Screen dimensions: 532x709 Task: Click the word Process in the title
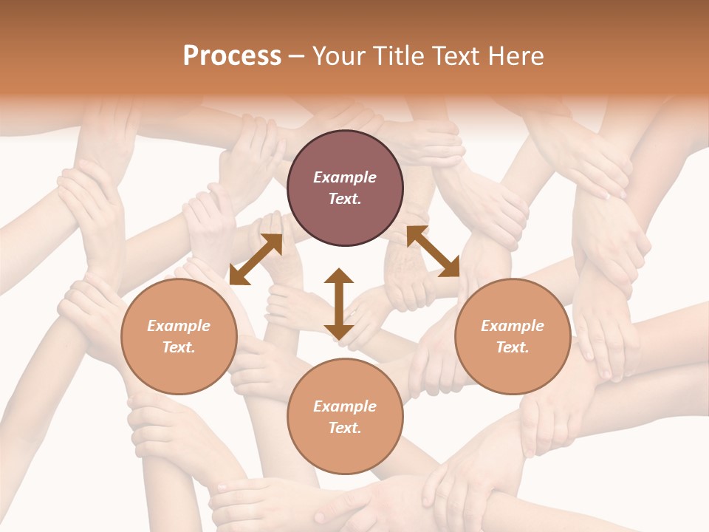(232, 56)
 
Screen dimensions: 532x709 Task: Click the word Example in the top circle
(345, 177)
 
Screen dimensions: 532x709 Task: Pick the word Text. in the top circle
(345, 199)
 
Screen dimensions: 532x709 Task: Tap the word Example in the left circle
(179, 326)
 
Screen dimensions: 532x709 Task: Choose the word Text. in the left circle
(179, 347)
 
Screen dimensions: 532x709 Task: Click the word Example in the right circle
(513, 326)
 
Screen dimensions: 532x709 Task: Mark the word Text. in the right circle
(513, 347)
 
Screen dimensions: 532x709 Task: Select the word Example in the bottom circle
(345, 406)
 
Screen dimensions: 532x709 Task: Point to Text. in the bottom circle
(345, 428)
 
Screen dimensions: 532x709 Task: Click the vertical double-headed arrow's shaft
(339, 304)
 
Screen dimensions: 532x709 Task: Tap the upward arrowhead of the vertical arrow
(339, 276)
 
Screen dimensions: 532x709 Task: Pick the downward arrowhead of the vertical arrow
(339, 332)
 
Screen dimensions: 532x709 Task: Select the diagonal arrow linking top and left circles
(256, 259)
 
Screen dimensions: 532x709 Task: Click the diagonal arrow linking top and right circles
(433, 251)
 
